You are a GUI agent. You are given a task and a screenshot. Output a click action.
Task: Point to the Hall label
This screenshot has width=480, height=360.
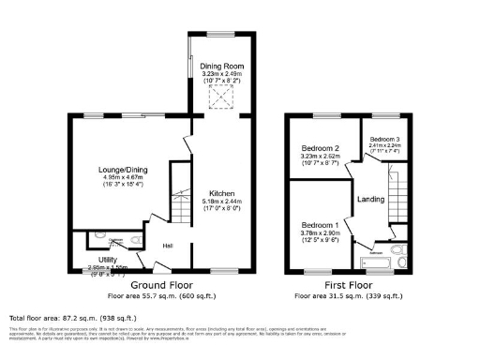[x=167, y=246]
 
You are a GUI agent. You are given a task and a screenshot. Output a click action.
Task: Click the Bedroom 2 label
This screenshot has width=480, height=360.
[x=319, y=149]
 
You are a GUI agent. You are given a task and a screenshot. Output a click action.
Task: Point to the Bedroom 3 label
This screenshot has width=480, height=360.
[x=383, y=140]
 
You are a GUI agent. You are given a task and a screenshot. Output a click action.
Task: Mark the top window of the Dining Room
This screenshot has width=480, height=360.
[x=219, y=35]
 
